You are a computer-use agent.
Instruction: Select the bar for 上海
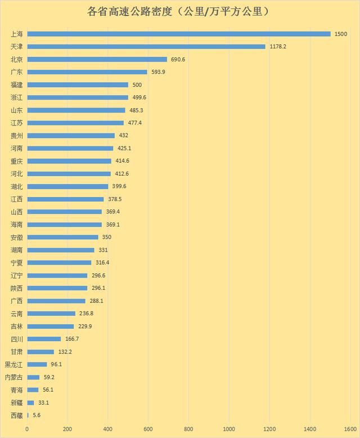click(179, 34)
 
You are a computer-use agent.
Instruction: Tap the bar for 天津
click(146, 46)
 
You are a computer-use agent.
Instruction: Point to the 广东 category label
click(16, 72)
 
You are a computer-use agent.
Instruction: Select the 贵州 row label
click(16, 136)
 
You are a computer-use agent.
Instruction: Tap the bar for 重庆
click(69, 161)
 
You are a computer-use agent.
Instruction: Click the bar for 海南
click(64, 225)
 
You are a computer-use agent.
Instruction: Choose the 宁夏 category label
click(16, 262)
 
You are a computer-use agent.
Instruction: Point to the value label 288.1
click(97, 301)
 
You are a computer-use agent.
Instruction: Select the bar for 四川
click(44, 339)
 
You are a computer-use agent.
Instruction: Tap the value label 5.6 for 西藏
click(37, 415)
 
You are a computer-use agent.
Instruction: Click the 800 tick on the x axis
click(188, 429)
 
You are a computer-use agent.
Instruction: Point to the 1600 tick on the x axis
click(350, 429)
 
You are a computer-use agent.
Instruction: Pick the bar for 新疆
click(30, 403)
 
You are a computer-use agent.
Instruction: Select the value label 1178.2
click(277, 46)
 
